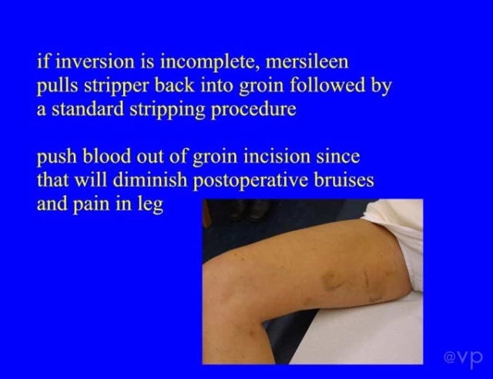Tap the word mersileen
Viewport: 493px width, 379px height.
307,62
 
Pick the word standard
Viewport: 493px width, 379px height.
87,109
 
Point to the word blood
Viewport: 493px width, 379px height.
106,156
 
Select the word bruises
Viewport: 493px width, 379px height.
344,180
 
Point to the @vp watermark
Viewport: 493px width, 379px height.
463,357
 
